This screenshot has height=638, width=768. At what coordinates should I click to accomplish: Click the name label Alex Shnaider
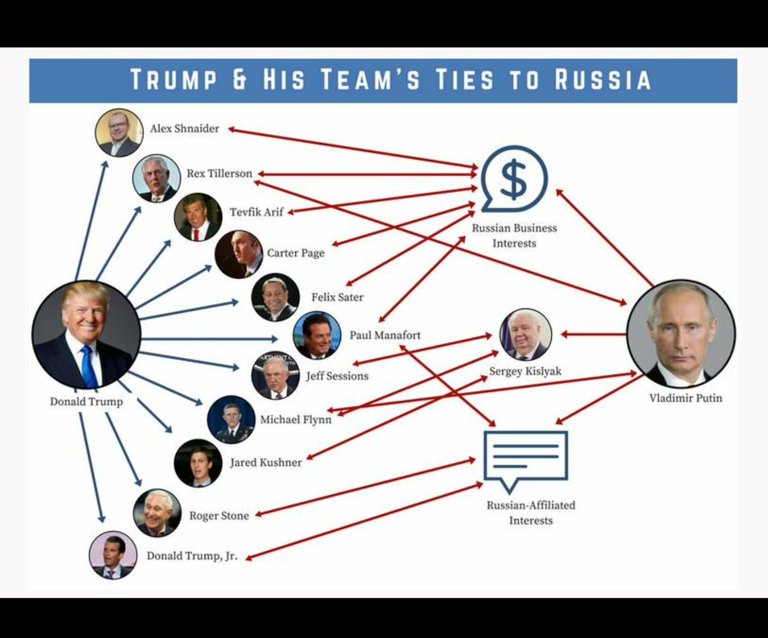point(184,129)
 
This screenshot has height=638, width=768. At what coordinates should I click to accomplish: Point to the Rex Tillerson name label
point(220,173)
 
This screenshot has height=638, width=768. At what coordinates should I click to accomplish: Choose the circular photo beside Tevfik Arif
point(198,218)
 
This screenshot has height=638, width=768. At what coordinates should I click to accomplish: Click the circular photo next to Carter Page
point(238,254)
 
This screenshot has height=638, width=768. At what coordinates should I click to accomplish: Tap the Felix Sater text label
point(337,297)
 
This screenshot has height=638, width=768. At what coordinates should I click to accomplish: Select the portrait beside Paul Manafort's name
point(317,335)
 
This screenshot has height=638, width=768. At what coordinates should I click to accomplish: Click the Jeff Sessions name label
point(337,376)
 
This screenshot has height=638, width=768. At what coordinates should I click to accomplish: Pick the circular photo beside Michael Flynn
point(230,420)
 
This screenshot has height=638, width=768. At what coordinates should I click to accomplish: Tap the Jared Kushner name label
point(266,462)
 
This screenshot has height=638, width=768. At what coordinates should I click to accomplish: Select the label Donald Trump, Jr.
point(192,555)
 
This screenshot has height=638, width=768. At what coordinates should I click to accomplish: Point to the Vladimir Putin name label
point(685,398)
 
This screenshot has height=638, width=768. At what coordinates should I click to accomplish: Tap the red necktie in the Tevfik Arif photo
point(196,232)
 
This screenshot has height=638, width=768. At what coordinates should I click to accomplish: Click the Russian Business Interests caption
point(515,235)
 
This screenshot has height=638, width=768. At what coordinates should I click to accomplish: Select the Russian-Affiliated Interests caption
point(531,513)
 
